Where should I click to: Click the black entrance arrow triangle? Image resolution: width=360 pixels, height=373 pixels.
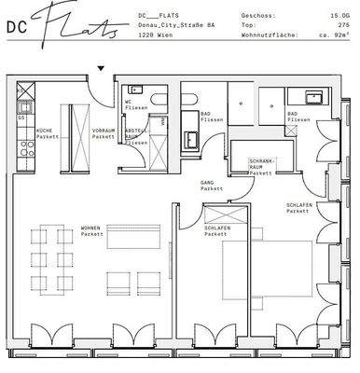(x=102, y=68)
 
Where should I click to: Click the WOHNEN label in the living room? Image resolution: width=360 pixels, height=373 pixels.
(x=91, y=230)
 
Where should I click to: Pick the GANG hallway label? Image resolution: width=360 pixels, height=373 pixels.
(x=207, y=185)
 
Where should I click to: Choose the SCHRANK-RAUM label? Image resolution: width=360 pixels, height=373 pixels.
(x=260, y=167)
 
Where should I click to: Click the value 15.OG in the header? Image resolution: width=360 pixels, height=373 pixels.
(x=339, y=16)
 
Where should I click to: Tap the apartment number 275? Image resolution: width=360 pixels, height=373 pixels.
(x=342, y=25)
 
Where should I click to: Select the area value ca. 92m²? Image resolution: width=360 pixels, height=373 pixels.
(x=335, y=35)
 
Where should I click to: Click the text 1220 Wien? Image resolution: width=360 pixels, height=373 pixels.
(x=152, y=35)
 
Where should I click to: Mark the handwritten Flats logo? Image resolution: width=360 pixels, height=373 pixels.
(x=83, y=23)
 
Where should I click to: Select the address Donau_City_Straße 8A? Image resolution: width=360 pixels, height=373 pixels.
(x=175, y=25)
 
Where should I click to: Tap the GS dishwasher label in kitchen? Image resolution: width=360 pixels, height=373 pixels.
(x=21, y=118)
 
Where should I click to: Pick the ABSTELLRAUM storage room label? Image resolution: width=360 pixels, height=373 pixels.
(x=135, y=137)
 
